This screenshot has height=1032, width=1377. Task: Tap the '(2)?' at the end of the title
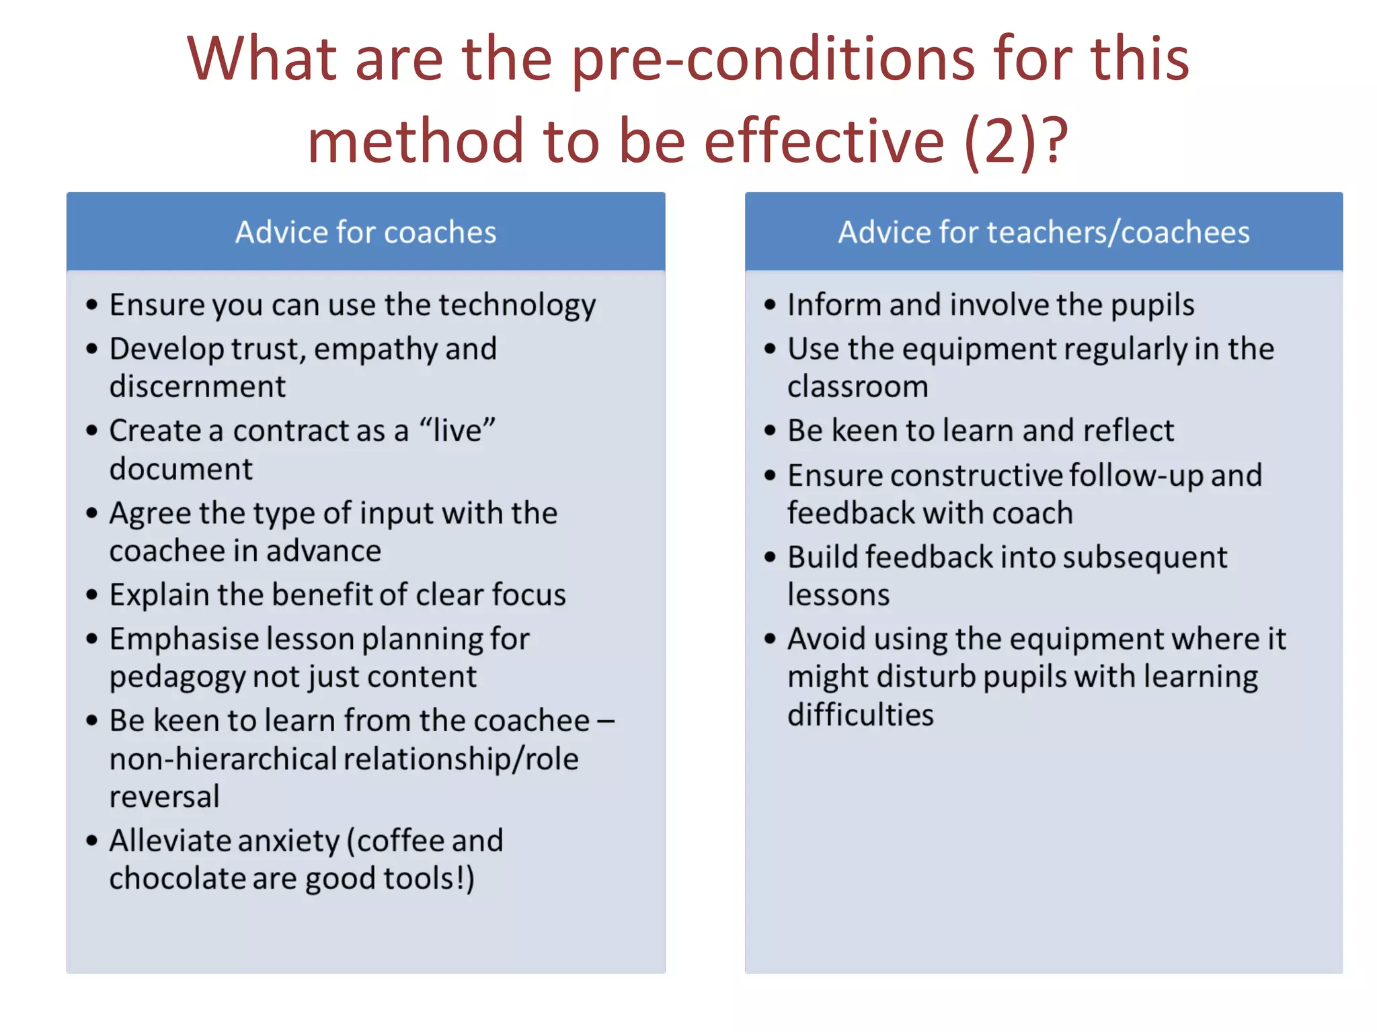click(1016, 141)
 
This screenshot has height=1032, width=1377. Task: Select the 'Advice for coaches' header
click(366, 232)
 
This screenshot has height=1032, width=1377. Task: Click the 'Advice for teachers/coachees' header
click(1044, 232)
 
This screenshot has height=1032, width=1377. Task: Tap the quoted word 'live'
click(457, 431)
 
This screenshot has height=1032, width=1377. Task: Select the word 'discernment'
click(198, 387)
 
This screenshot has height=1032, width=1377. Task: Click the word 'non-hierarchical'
click(223, 759)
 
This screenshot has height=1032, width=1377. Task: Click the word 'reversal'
click(165, 797)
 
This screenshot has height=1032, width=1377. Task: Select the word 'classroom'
click(857, 387)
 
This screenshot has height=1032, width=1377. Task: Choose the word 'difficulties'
click(861, 715)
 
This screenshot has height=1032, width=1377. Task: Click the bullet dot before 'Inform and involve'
click(770, 306)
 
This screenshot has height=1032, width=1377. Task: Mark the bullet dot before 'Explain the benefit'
click(92, 595)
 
